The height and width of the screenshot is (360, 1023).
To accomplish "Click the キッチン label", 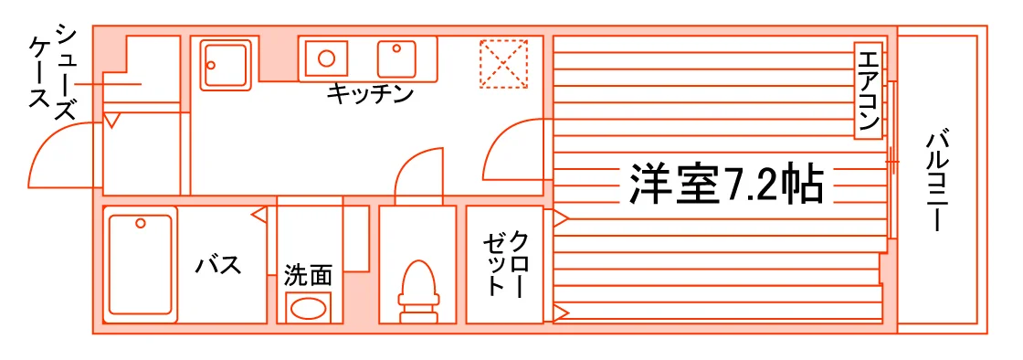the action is tap(370, 94).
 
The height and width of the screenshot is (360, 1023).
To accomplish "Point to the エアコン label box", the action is tap(868, 90).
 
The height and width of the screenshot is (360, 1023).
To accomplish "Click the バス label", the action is tap(219, 264).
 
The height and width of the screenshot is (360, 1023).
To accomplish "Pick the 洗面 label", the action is tap(308, 275).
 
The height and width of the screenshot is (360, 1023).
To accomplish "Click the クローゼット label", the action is tap(503, 263).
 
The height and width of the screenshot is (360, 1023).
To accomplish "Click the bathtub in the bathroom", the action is tap(141, 265).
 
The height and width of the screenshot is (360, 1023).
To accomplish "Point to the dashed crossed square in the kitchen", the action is tap(503, 63).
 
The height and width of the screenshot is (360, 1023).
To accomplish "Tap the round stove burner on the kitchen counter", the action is tap(326, 58).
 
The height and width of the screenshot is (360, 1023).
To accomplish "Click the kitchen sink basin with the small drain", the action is tap(396, 58).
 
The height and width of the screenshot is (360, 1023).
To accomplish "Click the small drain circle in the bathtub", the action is tap(141, 224).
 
